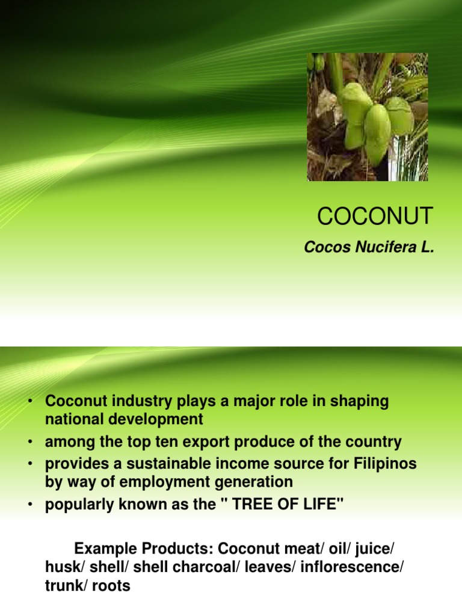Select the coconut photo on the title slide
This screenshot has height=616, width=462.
(x=368, y=117)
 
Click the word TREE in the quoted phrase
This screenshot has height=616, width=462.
(x=269, y=504)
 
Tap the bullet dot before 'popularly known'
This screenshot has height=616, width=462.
(x=29, y=505)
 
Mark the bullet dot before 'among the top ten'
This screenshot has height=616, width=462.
(x=29, y=443)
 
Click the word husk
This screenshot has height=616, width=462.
(x=63, y=567)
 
